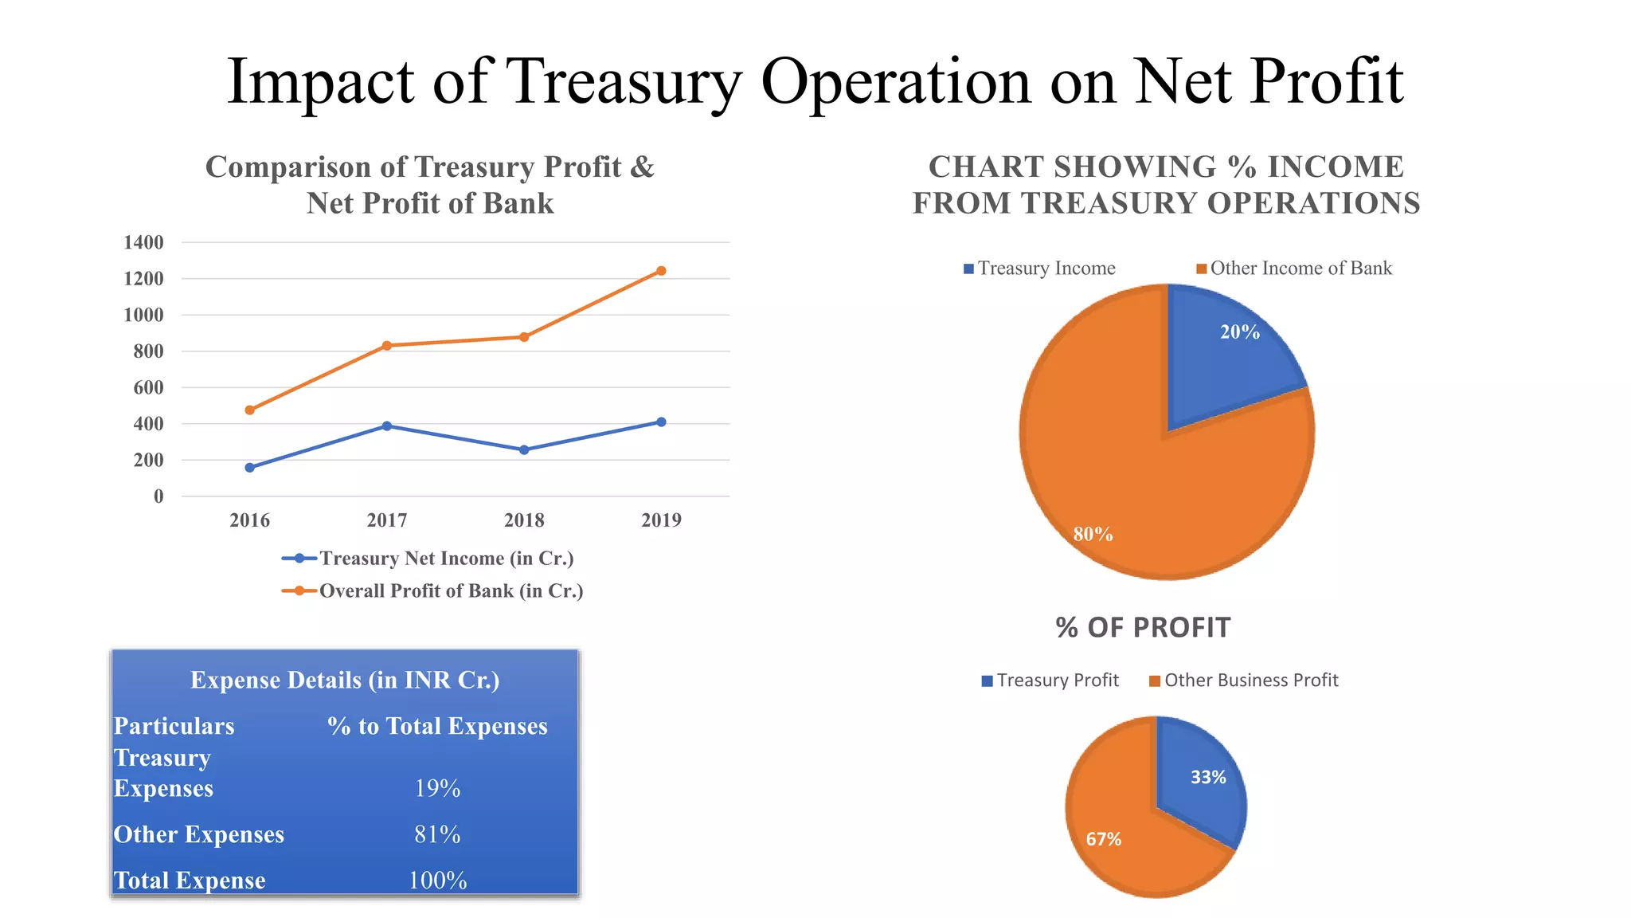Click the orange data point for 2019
click(x=661, y=271)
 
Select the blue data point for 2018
click(x=524, y=450)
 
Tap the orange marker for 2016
click(x=250, y=410)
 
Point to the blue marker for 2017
click(x=387, y=426)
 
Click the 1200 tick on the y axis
click(x=144, y=279)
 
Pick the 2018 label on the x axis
click(x=524, y=520)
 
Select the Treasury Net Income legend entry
click(x=446, y=559)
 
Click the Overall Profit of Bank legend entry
click(x=451, y=591)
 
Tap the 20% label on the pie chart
click(x=1240, y=332)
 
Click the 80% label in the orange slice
click(x=1093, y=535)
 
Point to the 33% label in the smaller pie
click(x=1208, y=778)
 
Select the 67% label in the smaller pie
click(x=1104, y=839)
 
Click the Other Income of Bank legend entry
click(x=1300, y=269)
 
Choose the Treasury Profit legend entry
click(x=1057, y=681)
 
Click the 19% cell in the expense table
click(x=437, y=789)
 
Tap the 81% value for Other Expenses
click(x=437, y=835)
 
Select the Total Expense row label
click(x=190, y=881)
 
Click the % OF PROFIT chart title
click(x=1143, y=628)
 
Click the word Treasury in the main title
click(x=624, y=81)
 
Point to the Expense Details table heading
click(x=345, y=681)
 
